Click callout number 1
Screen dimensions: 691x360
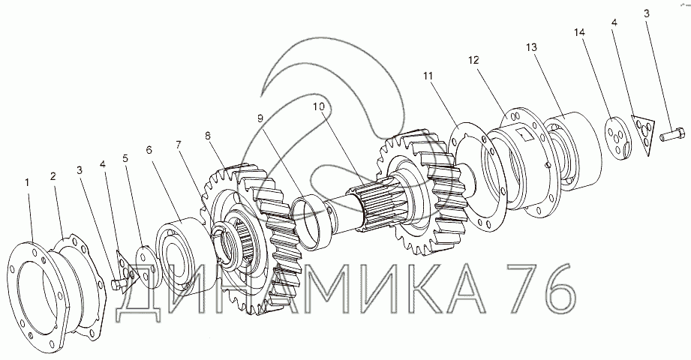click(x=27, y=181)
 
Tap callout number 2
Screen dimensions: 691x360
click(x=53, y=176)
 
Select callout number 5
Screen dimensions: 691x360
click(x=126, y=158)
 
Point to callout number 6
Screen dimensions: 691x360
click(x=149, y=150)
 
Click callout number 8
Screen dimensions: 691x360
click(x=208, y=135)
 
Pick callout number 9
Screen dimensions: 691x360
click(x=260, y=118)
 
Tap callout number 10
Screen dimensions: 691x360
click(x=319, y=106)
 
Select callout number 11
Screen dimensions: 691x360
click(x=428, y=76)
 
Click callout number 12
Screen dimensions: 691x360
click(x=473, y=60)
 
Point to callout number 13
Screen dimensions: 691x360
click(x=532, y=46)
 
